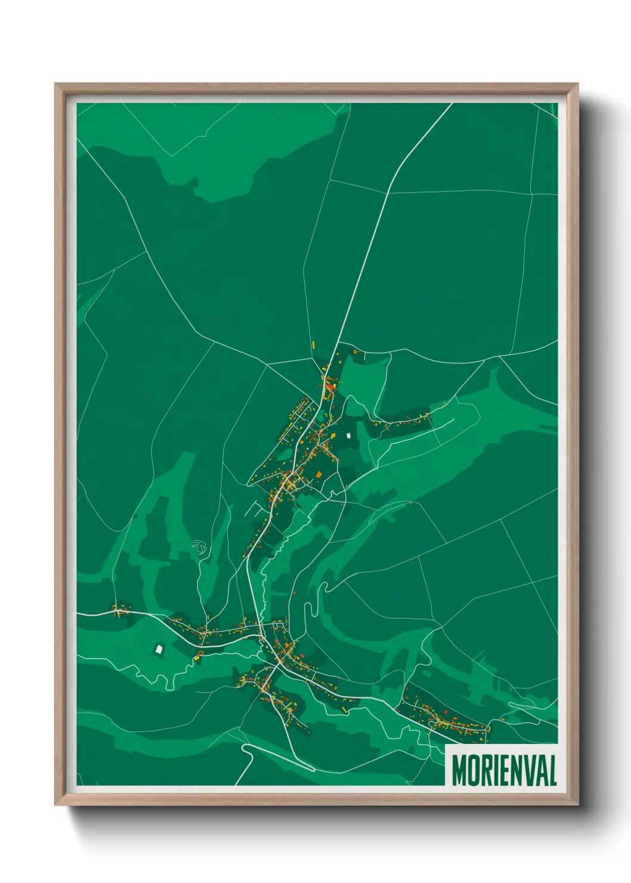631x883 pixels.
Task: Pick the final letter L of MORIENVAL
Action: point(552,770)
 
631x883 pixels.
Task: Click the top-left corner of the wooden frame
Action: point(55,84)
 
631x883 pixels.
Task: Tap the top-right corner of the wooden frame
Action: point(577,84)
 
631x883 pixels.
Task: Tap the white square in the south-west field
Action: point(159,648)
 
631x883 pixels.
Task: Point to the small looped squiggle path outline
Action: point(200,546)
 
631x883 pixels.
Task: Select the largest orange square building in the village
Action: point(318,474)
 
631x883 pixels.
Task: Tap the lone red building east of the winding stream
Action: point(293,592)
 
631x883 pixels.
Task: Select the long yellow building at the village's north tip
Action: point(313,345)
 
